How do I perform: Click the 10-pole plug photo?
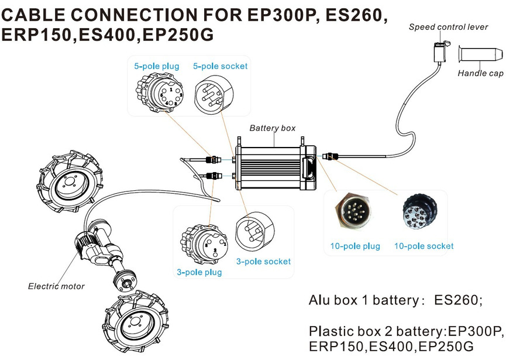(x=352, y=213)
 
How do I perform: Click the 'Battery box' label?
(x=273, y=128)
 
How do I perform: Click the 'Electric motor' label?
(x=56, y=286)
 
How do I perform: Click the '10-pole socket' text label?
(x=424, y=246)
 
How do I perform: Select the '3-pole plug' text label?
(x=199, y=272)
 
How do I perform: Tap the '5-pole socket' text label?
(x=220, y=66)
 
